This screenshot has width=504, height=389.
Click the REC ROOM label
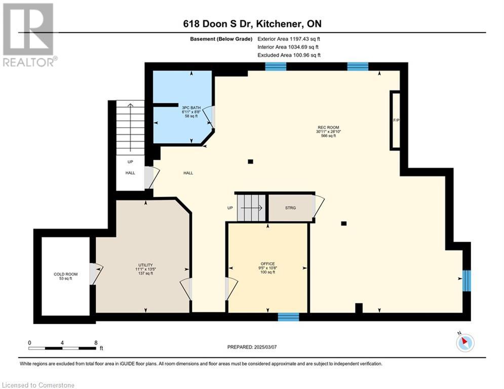328,127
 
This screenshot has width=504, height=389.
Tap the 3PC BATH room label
191,108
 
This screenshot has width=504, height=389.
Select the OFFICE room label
268,264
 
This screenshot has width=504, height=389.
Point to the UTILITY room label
145,265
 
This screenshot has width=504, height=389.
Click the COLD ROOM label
65,274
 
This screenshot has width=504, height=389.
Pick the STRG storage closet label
290,208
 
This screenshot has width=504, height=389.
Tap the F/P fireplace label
396,120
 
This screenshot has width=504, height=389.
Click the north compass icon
465,343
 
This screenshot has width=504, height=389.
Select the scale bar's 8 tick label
96,343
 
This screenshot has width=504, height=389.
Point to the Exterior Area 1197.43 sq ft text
289,39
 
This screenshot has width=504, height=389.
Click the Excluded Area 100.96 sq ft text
289,55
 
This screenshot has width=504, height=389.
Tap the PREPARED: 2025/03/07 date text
252,347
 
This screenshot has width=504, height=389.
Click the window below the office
288,317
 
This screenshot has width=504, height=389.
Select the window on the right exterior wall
467,281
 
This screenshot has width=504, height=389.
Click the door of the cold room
96,274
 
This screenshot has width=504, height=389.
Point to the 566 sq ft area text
328,136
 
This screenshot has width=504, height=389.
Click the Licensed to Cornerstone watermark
38,385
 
